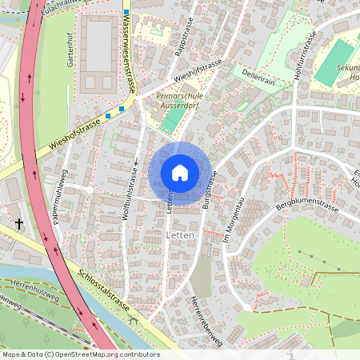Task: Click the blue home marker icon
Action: (x=180, y=173)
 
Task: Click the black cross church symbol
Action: (x=18, y=226)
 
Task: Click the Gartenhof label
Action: (x=70, y=54)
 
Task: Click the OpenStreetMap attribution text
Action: (x=80, y=354)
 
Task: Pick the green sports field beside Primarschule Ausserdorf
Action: (x=171, y=120)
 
